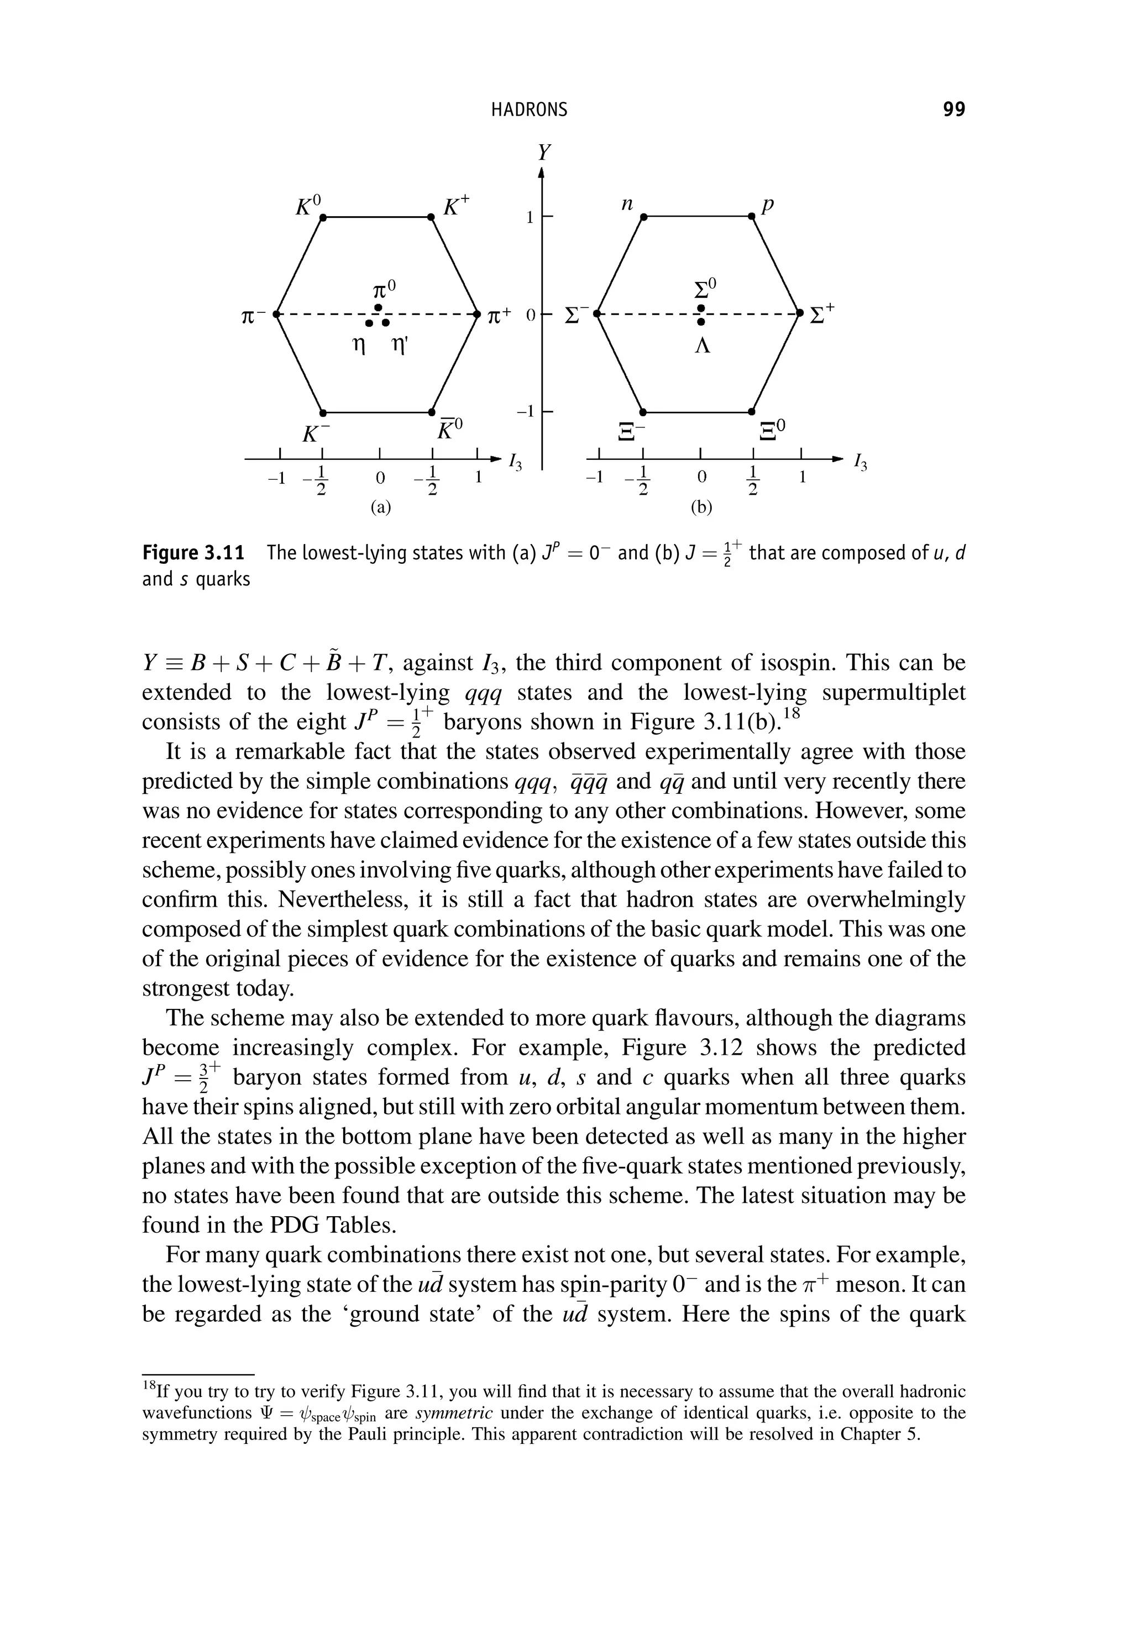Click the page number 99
click(953, 109)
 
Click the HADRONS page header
click(529, 109)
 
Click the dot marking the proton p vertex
click(752, 218)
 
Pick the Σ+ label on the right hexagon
click(823, 312)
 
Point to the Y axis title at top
click(543, 153)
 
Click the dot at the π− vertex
click(278, 313)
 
